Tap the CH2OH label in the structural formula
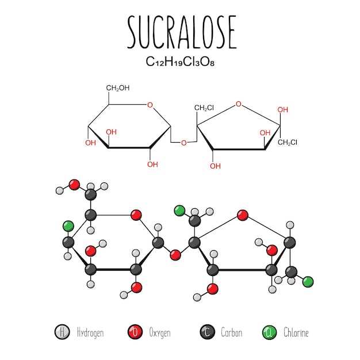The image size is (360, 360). [x=117, y=88]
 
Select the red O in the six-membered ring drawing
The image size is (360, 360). [x=150, y=105]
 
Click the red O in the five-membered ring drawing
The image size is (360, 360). [x=238, y=105]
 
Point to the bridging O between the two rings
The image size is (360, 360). [x=183, y=143]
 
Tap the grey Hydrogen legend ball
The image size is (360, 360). [x=62, y=332]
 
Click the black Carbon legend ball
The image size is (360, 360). [x=206, y=332]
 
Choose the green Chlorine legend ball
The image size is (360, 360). [x=269, y=332]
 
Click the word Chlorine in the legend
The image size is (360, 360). [x=296, y=332]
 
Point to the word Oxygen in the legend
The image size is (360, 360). [x=160, y=332]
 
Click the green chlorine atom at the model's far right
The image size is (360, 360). [x=308, y=281]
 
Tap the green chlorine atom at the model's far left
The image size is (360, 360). [x=68, y=225]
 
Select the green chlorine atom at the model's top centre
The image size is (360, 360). [x=179, y=210]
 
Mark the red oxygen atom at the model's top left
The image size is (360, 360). [x=74, y=185]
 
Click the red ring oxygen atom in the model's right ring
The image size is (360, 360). [x=243, y=215]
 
